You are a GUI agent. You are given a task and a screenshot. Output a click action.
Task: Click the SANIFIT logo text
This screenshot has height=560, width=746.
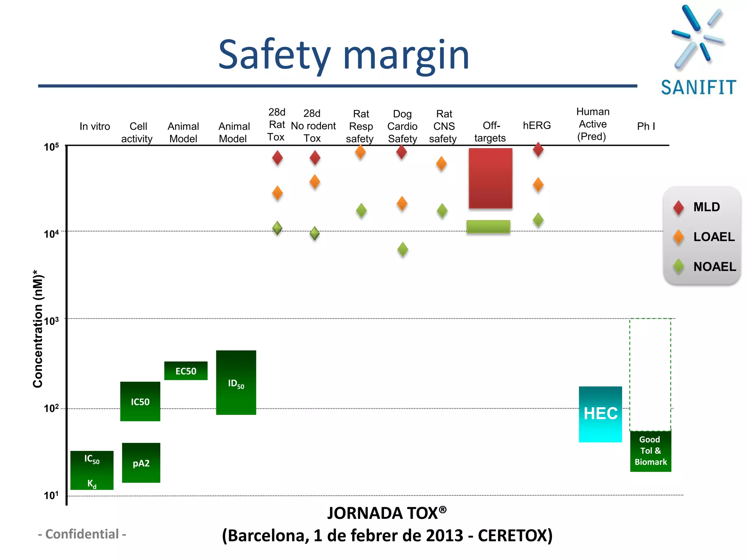point(698,88)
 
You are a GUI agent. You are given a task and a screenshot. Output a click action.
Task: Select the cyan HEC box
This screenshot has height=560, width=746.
point(600,414)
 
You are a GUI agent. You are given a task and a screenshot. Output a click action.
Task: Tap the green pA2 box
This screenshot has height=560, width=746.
point(141,463)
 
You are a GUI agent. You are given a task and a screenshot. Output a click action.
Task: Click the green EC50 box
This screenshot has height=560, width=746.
point(186,371)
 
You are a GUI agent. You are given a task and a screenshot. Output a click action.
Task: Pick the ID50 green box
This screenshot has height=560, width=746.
point(236,383)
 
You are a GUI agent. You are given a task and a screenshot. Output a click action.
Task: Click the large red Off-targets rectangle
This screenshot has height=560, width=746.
point(490,178)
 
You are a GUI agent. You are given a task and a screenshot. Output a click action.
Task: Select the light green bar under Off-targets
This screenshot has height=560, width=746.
point(488,226)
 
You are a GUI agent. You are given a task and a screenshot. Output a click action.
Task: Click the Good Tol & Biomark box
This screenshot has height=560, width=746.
point(651,451)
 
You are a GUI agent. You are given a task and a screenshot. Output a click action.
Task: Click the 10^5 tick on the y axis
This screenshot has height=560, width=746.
point(51,147)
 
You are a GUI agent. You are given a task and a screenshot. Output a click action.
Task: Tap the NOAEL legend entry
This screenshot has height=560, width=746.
point(704,267)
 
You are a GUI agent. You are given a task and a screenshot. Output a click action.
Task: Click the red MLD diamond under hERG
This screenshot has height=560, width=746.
point(538,149)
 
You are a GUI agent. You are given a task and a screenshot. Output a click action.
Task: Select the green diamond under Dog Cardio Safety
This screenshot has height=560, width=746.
point(403,250)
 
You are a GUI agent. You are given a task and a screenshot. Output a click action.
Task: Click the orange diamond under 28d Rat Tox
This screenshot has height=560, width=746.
point(277,193)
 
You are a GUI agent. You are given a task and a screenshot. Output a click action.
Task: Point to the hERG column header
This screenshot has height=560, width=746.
point(537,125)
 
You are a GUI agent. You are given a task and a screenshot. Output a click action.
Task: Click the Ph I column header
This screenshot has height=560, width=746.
point(646,126)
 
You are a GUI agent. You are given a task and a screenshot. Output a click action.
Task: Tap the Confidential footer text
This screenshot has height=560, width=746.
point(82,534)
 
